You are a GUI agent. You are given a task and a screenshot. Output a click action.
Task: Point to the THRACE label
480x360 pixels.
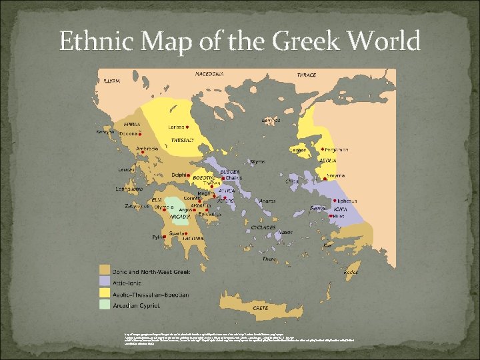(x=307, y=75)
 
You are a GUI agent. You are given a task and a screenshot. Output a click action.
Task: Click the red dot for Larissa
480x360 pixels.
(x=189, y=127)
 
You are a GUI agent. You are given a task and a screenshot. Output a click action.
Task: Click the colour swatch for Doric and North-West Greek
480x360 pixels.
(x=105, y=269)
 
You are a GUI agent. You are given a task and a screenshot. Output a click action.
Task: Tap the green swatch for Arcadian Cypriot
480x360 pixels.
(x=105, y=304)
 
